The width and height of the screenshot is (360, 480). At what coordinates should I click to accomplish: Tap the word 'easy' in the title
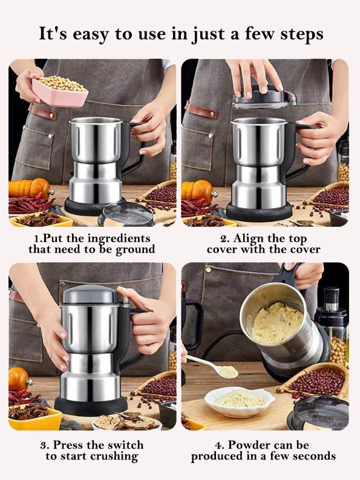91,34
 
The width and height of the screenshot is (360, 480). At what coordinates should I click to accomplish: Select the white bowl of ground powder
240,402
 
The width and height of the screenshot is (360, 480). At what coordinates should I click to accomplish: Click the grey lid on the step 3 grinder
91,294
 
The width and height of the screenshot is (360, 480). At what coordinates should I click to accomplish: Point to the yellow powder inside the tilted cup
277,322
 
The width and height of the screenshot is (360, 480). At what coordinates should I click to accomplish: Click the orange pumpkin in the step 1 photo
30,188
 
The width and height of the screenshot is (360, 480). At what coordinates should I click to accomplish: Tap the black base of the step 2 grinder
260,211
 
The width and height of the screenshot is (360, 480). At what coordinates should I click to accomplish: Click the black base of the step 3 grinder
91,405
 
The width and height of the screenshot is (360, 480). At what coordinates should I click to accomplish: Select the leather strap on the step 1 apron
42,112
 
